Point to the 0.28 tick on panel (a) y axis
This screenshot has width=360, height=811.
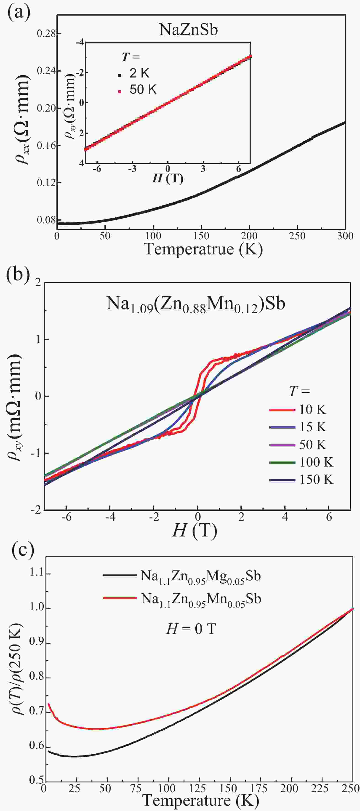click(46, 33)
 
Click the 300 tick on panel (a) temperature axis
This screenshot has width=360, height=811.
click(345, 236)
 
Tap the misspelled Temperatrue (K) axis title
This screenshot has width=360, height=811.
click(203, 249)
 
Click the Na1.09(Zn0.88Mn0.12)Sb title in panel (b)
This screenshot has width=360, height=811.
click(195, 304)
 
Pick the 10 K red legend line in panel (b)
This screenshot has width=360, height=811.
click(282, 410)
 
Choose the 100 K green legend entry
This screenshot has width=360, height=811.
click(316, 462)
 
